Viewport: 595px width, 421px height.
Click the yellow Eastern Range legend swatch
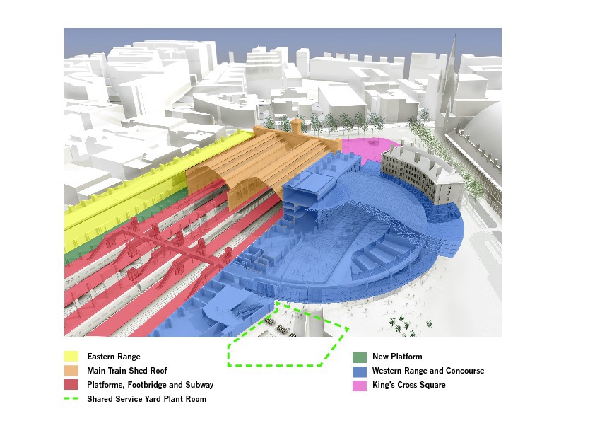[x=71, y=357]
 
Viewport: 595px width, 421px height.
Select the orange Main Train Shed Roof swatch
[x=71, y=371]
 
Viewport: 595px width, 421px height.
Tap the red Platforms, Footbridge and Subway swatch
[x=71, y=385]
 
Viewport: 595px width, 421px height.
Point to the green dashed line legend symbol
[x=71, y=399]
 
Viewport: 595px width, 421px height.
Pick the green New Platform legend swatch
[x=360, y=357]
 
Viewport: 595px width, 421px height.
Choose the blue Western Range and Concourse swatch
[x=360, y=371]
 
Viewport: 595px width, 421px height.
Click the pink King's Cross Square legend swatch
[x=360, y=385]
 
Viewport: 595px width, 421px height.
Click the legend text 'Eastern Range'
[x=114, y=357]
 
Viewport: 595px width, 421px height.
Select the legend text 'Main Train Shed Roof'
[x=127, y=371]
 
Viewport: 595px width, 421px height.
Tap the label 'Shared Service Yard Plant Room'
[x=147, y=399]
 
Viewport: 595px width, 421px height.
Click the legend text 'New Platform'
[x=397, y=357]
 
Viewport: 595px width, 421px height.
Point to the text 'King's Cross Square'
[x=409, y=385]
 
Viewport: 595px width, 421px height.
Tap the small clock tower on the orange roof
[x=296, y=125]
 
